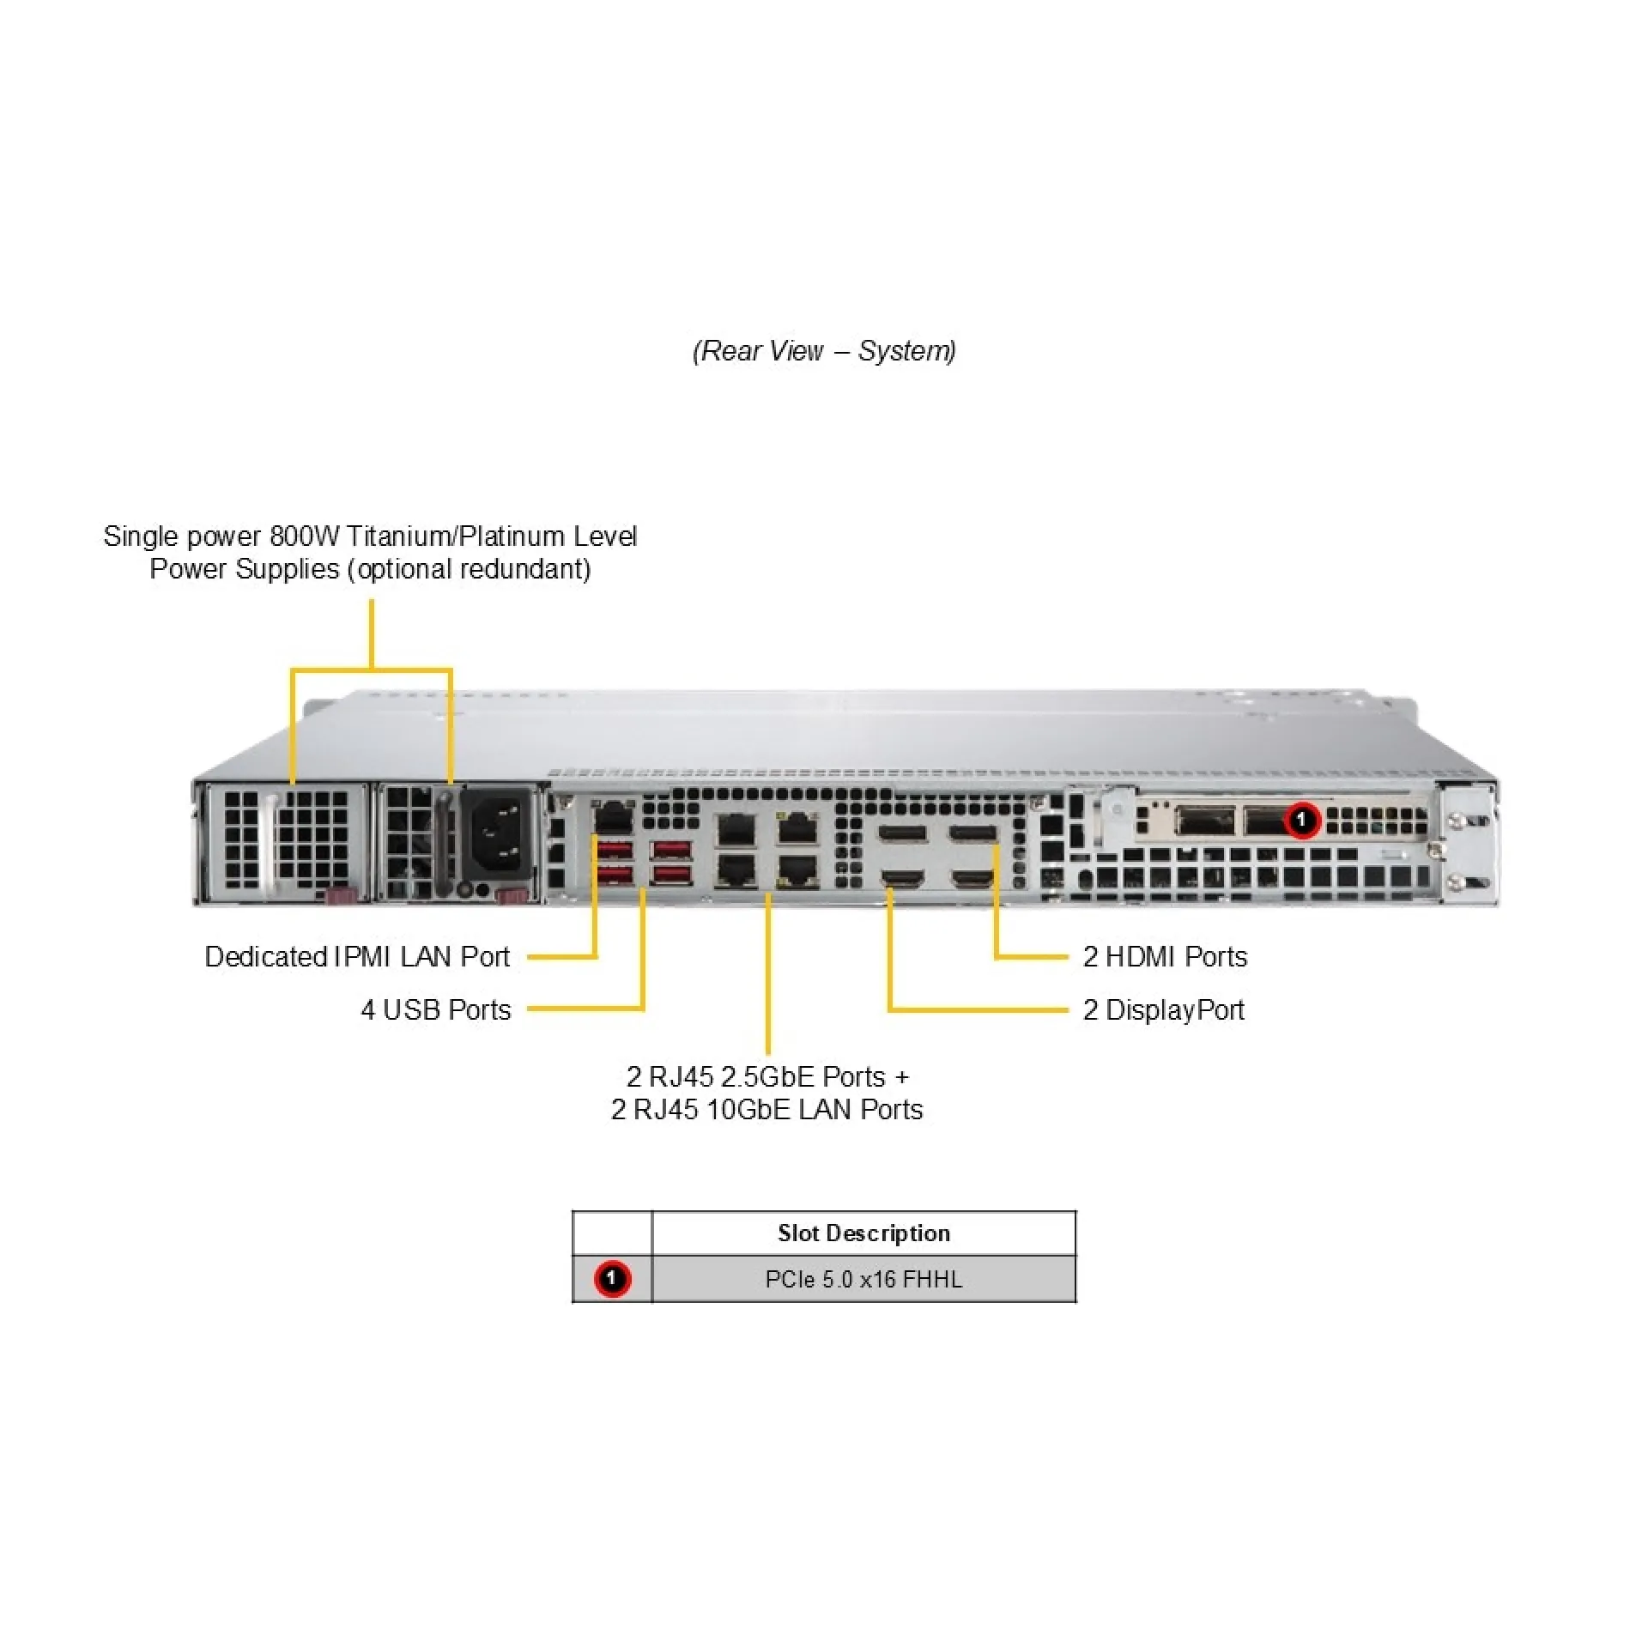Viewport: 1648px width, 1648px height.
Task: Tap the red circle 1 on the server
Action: [1301, 820]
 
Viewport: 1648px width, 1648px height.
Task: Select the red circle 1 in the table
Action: [612, 1279]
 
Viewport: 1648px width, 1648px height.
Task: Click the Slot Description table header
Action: [863, 1233]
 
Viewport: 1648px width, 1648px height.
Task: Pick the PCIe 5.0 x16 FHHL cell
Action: [863, 1279]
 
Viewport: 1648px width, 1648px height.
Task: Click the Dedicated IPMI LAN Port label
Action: [357, 956]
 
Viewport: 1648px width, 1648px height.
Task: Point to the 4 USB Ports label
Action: [435, 1009]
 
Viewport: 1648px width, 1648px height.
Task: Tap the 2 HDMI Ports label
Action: [1165, 956]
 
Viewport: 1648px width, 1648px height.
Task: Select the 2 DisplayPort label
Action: [1163, 1009]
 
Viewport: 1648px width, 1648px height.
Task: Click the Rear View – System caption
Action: [824, 350]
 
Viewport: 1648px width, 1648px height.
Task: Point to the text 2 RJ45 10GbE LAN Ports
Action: [766, 1110]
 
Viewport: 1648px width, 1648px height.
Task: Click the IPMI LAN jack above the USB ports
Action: [613, 815]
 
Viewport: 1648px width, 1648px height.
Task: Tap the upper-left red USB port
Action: [615, 851]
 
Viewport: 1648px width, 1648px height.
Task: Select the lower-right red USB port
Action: [670, 875]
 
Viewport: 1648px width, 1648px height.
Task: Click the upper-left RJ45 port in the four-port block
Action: [736, 830]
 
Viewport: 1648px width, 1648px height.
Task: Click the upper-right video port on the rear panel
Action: [973, 833]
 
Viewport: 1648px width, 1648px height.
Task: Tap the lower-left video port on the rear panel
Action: [903, 877]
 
